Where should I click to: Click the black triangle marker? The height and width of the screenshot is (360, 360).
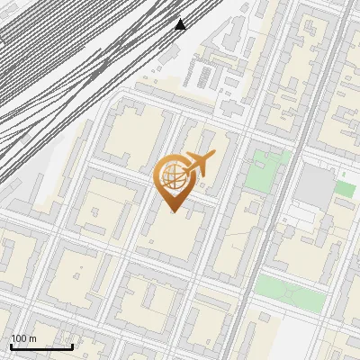(181, 24)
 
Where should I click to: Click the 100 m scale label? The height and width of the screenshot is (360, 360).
(23, 338)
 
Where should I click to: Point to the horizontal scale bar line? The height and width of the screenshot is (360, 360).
(41, 346)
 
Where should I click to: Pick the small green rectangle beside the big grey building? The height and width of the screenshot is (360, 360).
(346, 189)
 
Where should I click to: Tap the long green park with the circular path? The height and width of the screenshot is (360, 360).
(289, 294)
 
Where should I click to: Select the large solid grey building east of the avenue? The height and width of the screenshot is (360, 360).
(315, 184)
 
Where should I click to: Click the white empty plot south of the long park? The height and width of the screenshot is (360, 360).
(297, 337)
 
